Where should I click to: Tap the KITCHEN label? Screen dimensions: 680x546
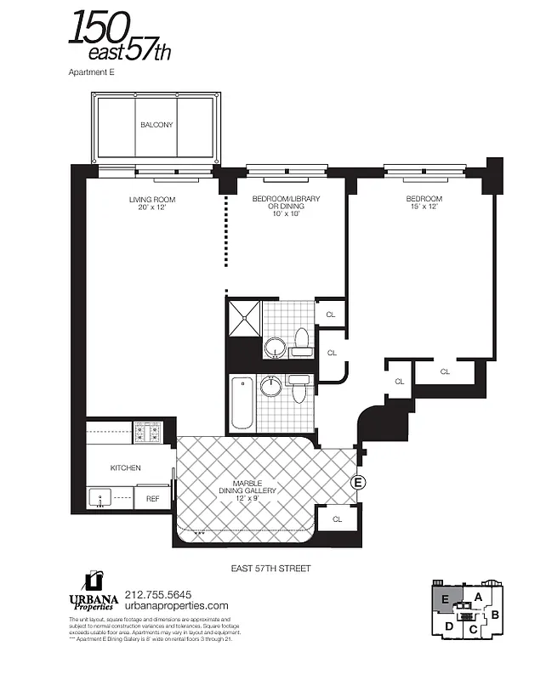click(125, 468)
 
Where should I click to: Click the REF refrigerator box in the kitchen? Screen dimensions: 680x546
click(153, 499)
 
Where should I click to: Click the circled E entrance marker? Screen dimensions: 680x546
click(359, 483)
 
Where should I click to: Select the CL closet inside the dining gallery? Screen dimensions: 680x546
click(337, 518)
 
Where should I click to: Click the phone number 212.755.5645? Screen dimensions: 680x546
click(157, 594)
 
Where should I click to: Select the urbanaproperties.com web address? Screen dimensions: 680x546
click(176, 606)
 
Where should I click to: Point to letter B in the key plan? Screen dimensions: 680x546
click(496, 614)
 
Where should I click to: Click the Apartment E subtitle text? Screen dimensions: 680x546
click(91, 73)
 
